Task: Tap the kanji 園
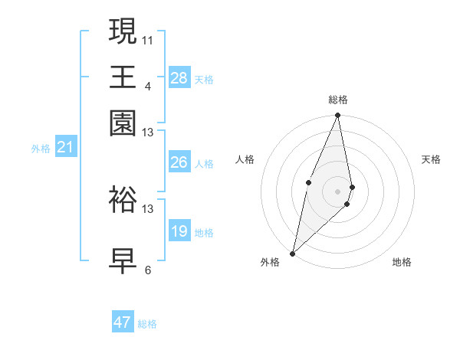coord(123,123)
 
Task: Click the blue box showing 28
coord(179,78)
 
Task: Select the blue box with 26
coord(179,162)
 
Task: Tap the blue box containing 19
coord(179,231)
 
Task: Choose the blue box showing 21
coord(65,147)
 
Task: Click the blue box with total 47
coord(123,322)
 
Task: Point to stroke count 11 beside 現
coord(148,39)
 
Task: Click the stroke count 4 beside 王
coord(148,85)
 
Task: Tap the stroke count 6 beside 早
coord(148,270)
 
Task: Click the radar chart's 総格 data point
coord(337,116)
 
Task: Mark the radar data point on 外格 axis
coord(293,253)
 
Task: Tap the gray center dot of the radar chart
coord(337,191)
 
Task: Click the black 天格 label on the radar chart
coord(432,159)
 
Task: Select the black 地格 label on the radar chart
coord(402,262)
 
